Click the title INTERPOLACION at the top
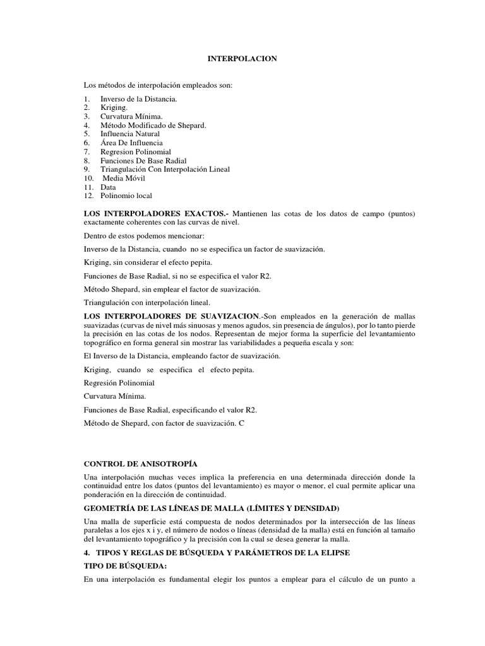[x=242, y=59]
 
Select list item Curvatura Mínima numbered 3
[x=131, y=117]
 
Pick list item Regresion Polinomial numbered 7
[x=136, y=152]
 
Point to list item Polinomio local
[x=126, y=196]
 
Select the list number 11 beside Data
[x=88, y=187]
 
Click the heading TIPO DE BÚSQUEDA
[x=125, y=566]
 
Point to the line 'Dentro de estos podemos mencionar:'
[x=143, y=235]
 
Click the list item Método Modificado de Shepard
[x=153, y=126]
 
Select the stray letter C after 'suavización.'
[x=241, y=423]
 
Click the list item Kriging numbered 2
[x=114, y=108]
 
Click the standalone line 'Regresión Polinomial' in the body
[x=119, y=383]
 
